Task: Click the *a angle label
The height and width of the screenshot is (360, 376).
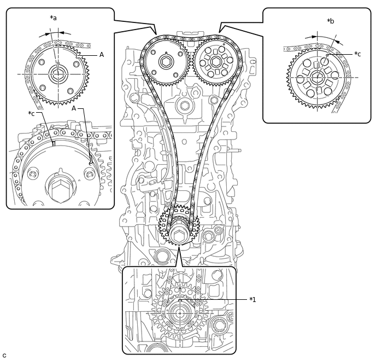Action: (53, 18)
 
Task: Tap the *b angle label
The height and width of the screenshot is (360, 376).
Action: (331, 21)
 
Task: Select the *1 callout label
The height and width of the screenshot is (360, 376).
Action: (252, 299)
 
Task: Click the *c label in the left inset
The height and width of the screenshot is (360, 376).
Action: (32, 113)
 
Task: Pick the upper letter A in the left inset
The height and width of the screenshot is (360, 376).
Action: (102, 55)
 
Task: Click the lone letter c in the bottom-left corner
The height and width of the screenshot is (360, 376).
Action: (4, 355)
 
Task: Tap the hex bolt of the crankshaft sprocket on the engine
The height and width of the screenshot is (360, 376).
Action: (179, 237)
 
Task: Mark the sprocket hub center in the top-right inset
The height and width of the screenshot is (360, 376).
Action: (316, 77)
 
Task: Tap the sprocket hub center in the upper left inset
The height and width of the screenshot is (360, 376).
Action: (57, 73)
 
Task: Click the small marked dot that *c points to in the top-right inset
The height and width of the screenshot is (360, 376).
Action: (327, 55)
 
